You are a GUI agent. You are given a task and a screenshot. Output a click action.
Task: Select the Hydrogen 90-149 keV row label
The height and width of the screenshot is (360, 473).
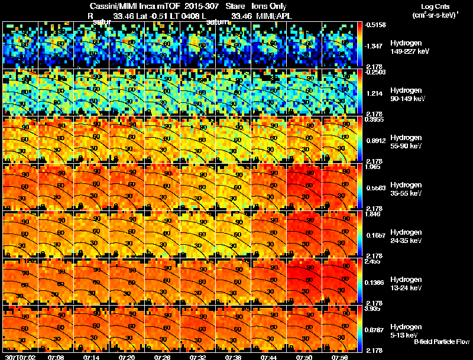tap(405, 95)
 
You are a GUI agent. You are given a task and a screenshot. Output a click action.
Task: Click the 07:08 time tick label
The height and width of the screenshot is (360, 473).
tap(57, 356)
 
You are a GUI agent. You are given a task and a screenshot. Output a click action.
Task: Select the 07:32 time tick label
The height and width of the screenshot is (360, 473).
tap(199, 356)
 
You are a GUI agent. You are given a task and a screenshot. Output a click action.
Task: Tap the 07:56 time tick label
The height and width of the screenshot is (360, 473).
tap(341, 356)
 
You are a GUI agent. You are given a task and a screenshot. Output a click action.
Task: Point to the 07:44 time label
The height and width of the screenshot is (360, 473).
tap(270, 356)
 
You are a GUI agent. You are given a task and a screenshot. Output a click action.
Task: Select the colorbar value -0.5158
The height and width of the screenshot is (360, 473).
tap(376, 25)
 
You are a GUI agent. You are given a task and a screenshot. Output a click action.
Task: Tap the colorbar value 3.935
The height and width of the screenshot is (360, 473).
tap(375, 308)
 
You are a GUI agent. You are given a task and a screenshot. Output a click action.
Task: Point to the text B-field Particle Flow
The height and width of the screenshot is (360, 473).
tap(442, 342)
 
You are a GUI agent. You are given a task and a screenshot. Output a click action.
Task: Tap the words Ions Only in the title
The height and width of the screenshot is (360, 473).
tap(271, 7)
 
